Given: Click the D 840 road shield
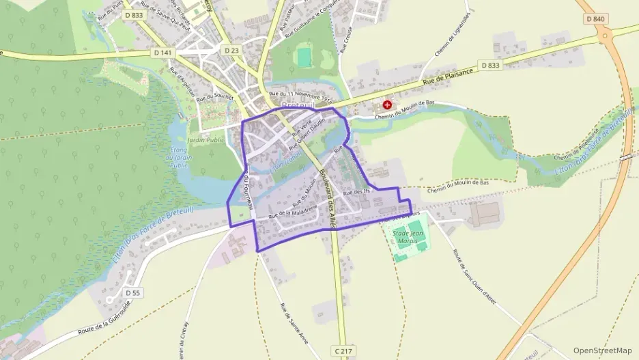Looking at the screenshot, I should (x=595, y=18).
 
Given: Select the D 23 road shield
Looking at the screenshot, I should (x=231, y=50).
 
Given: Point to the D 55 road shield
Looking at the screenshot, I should (x=133, y=292).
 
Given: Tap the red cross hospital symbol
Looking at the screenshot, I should (x=387, y=105).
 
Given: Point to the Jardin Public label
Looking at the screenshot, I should (x=206, y=140).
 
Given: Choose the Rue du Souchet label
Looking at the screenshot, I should (x=215, y=98).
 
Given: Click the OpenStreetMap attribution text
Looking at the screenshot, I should (x=603, y=350).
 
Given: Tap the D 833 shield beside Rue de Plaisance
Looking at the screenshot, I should (x=490, y=65).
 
